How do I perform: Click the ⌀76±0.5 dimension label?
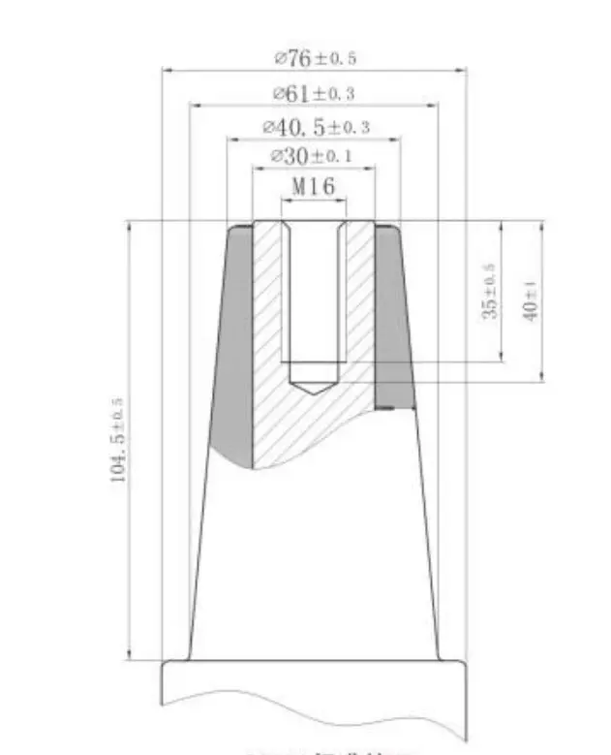click(x=315, y=59)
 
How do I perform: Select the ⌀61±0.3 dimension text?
click(x=314, y=94)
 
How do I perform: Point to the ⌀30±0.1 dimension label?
click(x=313, y=156)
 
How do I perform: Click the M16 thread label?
click(x=313, y=186)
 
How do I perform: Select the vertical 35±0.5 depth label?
click(x=491, y=292)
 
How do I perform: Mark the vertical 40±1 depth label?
click(x=530, y=299)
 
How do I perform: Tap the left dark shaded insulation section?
click(x=233, y=349)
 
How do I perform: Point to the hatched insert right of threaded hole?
click(x=359, y=310)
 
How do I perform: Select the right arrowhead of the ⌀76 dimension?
click(x=462, y=71)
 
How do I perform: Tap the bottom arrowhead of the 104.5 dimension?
click(x=129, y=654)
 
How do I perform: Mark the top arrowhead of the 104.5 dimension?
click(x=129, y=228)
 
